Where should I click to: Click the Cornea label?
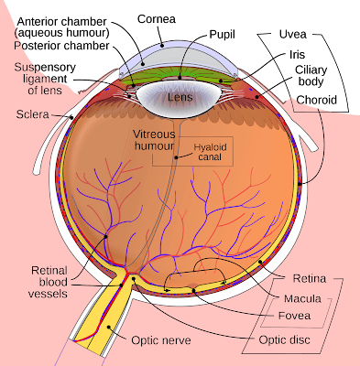(x=157, y=19)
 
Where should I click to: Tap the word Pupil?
(x=222, y=34)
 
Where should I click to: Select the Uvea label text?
(x=292, y=34)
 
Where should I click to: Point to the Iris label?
(x=297, y=55)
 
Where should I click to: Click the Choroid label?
(x=317, y=100)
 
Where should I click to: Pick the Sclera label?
(x=32, y=114)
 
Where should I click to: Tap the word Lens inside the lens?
(x=180, y=97)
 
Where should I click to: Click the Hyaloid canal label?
(x=210, y=152)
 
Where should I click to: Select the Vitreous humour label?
(x=155, y=140)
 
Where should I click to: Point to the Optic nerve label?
(x=161, y=340)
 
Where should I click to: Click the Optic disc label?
(x=284, y=339)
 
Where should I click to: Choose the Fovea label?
(x=294, y=316)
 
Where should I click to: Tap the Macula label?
(x=302, y=298)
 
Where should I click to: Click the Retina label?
(x=310, y=278)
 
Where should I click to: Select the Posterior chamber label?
(x=61, y=46)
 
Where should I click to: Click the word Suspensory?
(x=45, y=67)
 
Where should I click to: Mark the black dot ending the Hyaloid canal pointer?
(x=176, y=157)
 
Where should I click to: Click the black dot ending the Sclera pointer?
(x=71, y=117)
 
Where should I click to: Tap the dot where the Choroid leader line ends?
(x=300, y=184)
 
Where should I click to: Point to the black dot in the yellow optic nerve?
(x=109, y=327)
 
